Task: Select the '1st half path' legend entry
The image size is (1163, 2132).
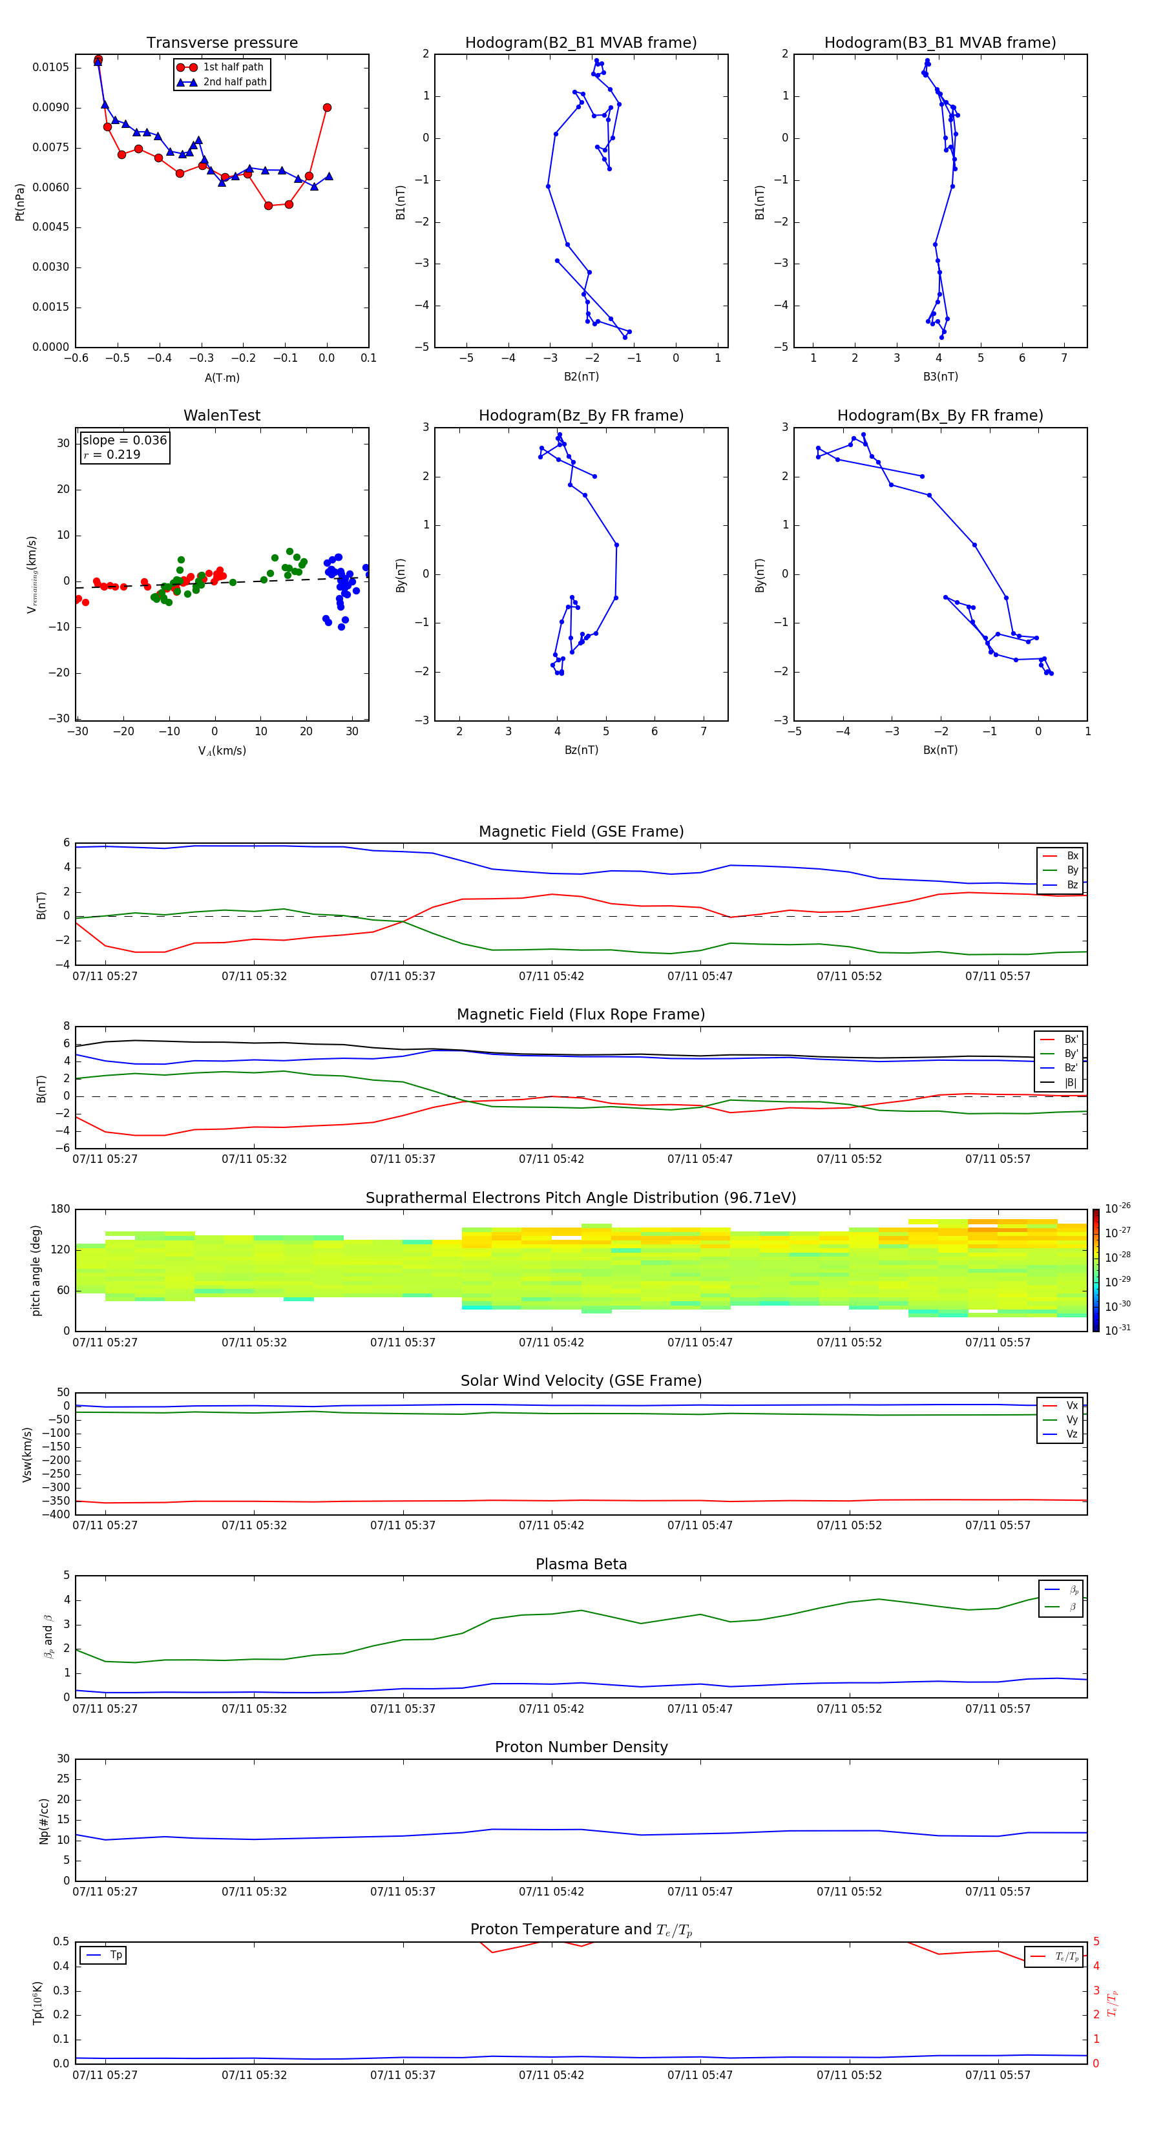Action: click(233, 67)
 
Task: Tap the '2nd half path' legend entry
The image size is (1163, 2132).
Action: click(235, 82)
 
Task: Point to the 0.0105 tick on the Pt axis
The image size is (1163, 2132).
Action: click(50, 67)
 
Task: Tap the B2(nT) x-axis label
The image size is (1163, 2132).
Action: click(581, 377)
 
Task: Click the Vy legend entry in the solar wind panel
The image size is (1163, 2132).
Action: click(1071, 1419)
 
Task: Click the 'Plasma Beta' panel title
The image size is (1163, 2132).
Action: click(581, 1564)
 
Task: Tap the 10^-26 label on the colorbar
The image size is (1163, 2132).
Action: click(1118, 1208)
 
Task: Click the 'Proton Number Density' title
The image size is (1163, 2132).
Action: click(581, 1747)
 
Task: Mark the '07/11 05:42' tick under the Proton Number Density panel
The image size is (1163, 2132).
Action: click(551, 1892)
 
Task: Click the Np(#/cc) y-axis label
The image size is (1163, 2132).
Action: click(44, 1821)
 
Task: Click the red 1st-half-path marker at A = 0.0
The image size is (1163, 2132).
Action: click(327, 108)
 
